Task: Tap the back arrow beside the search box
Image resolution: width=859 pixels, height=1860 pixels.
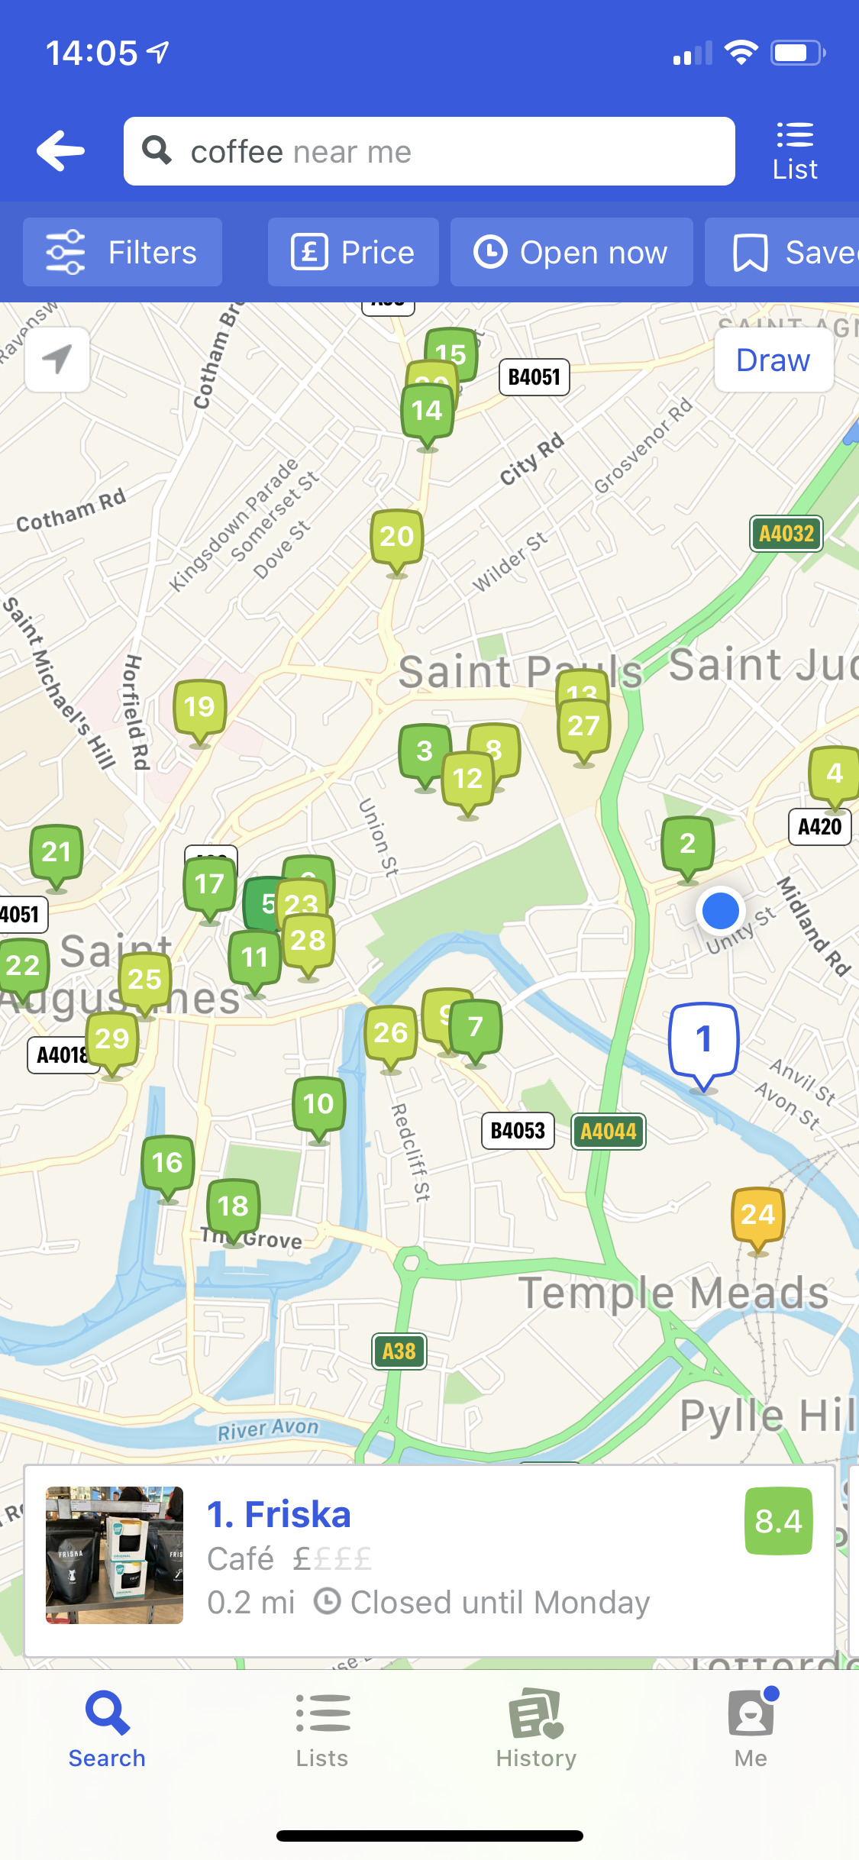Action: coord(61,150)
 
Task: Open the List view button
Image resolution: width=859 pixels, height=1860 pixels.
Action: coord(794,151)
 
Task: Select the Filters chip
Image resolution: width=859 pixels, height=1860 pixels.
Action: coord(122,252)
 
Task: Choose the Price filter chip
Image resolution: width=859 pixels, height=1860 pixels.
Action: coord(353,252)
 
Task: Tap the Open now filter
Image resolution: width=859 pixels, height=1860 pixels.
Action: coord(571,252)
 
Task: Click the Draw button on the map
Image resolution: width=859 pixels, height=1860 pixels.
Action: coord(773,360)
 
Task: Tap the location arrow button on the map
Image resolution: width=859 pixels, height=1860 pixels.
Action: coord(57,360)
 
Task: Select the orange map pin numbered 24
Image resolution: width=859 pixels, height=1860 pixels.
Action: coord(757,1216)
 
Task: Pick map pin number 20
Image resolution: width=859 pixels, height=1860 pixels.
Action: coord(396,538)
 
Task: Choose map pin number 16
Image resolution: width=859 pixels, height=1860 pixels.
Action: coord(167,1164)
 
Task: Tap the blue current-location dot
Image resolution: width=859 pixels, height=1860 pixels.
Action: coord(720,911)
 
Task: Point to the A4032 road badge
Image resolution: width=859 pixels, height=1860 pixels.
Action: coord(786,534)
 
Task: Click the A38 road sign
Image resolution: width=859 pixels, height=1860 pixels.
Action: coord(399,1351)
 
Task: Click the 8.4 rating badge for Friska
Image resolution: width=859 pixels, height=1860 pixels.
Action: coord(778,1521)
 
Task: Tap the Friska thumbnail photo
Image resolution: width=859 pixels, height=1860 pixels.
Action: coord(115,1555)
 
